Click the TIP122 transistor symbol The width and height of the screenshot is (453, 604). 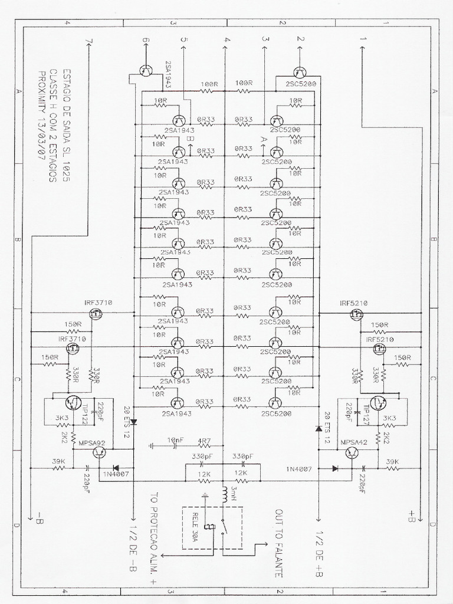pyautogui.click(x=73, y=402)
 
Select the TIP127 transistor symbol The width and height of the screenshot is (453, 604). pyautogui.click(x=378, y=402)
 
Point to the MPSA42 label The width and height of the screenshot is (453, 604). pyautogui.click(x=353, y=441)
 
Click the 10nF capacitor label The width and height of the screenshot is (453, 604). pyautogui.click(x=176, y=440)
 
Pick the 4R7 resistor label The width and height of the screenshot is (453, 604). pyautogui.click(x=204, y=440)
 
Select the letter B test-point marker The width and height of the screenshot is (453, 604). pyautogui.click(x=189, y=138)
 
